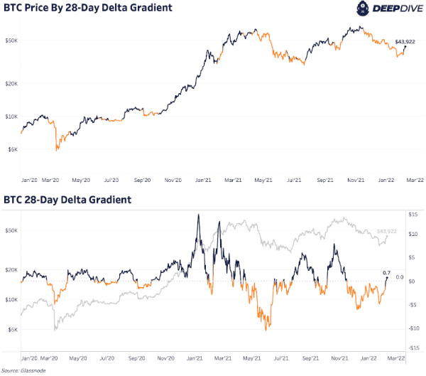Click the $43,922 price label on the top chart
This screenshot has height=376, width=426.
(x=405, y=42)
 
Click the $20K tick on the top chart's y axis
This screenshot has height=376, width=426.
(x=11, y=84)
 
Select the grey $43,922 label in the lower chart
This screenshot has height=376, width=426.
(x=387, y=232)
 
